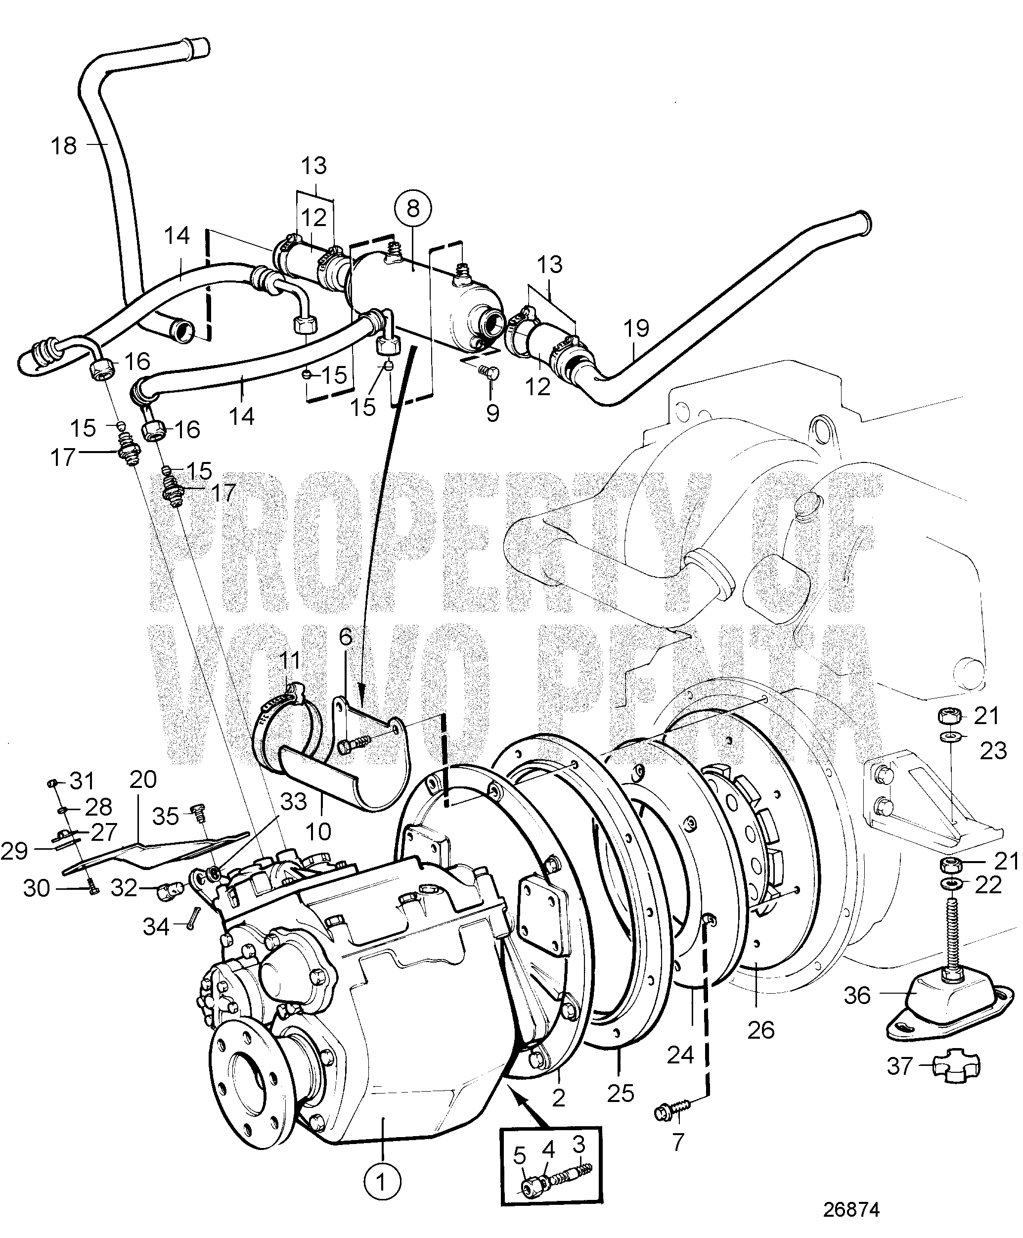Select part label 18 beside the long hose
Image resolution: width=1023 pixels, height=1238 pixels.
64,145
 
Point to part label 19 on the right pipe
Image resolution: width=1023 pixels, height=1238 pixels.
636,328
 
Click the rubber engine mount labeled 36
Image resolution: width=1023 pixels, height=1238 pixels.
931,992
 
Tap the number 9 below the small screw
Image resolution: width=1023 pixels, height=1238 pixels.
492,413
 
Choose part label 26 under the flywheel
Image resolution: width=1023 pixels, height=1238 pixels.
760,1030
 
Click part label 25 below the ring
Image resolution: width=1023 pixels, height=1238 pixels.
620,1093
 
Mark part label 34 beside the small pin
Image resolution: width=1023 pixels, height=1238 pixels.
156,927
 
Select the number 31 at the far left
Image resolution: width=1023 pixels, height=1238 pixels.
81,781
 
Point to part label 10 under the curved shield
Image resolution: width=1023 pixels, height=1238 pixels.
318,831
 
